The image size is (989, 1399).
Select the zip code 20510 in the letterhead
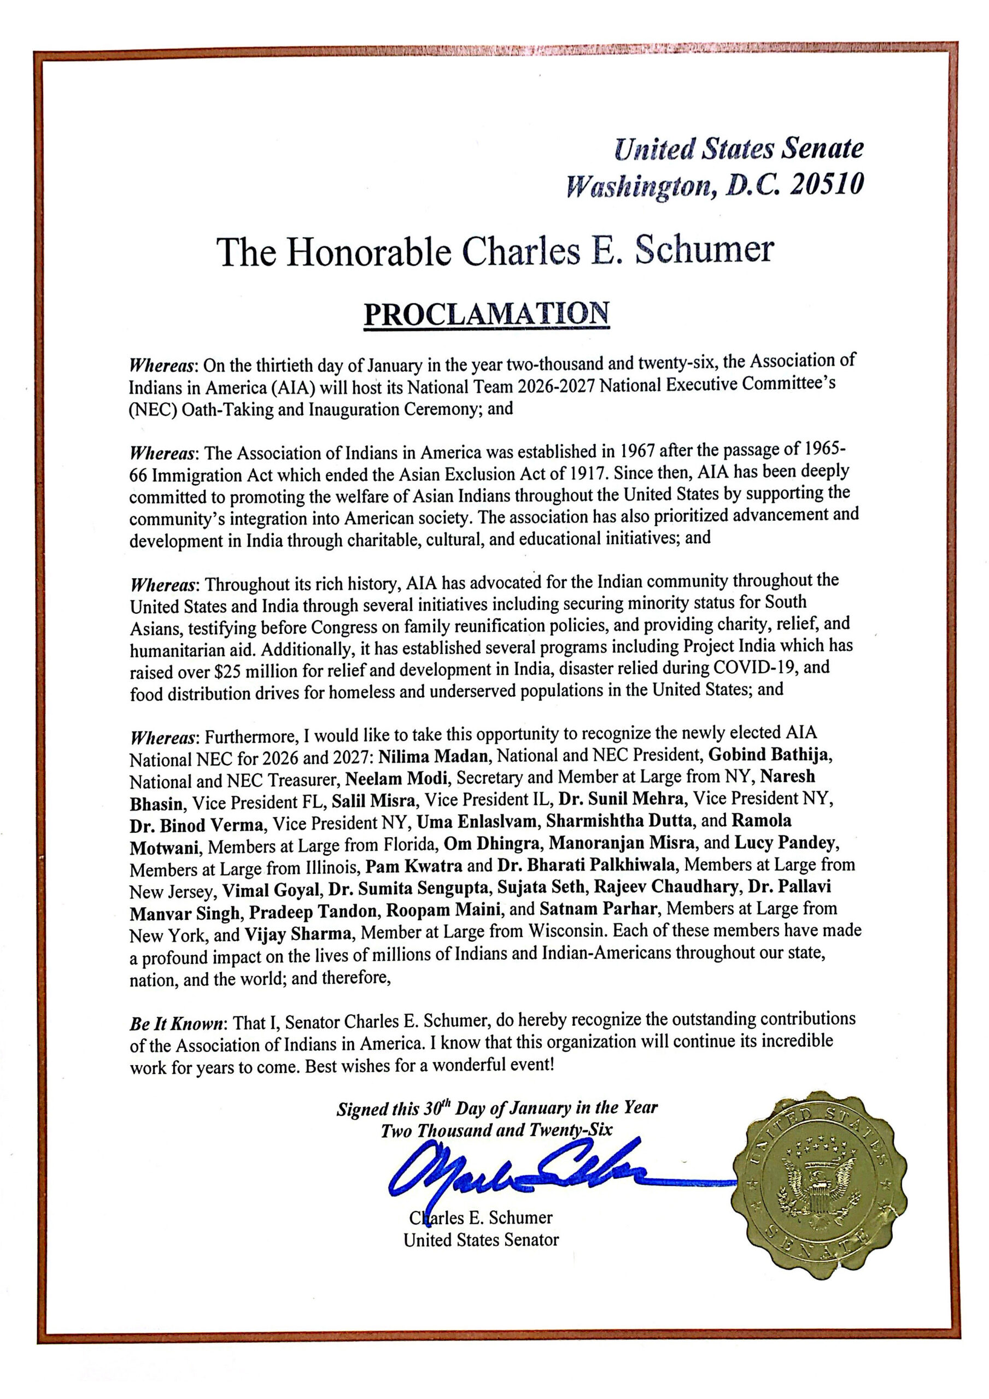tap(826, 185)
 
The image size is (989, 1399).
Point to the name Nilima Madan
tap(434, 756)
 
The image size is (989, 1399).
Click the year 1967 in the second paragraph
tap(629, 451)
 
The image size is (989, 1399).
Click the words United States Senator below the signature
tap(481, 1240)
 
